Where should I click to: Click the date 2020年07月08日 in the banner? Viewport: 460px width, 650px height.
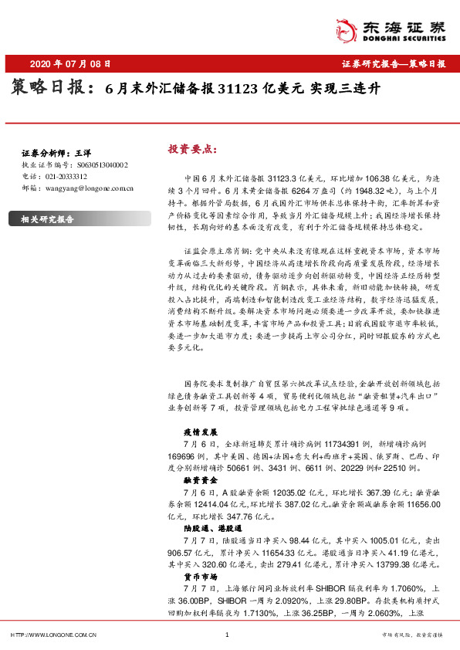(x=69, y=64)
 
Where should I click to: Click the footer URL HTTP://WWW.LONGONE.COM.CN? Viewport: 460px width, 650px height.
(x=53, y=635)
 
